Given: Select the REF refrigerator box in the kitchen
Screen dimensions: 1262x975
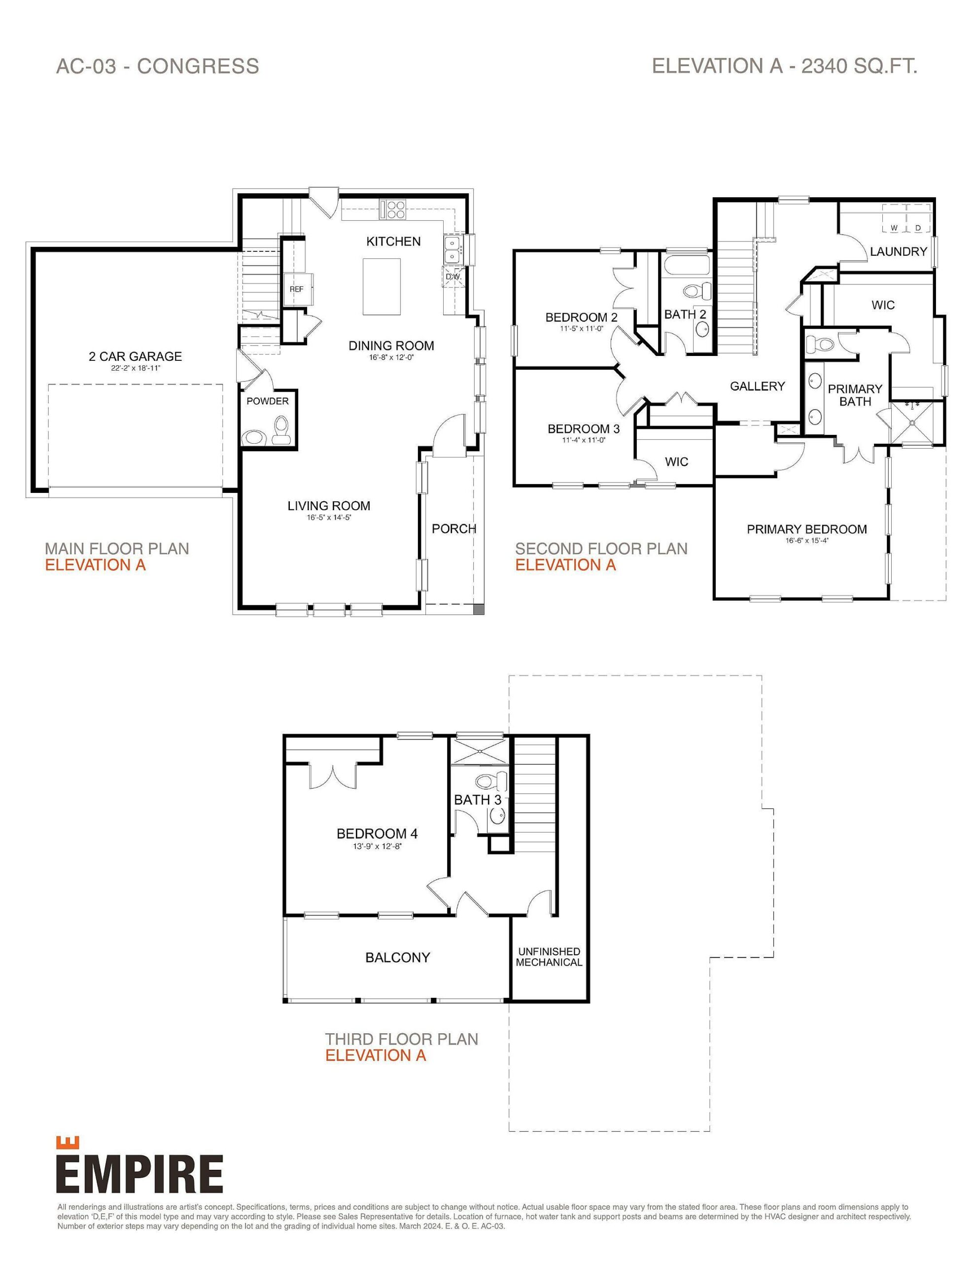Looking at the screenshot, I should coord(296,288).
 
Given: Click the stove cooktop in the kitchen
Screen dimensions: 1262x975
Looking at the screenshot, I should coord(393,209).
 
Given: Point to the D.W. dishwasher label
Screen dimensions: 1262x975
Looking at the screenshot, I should coord(453,277).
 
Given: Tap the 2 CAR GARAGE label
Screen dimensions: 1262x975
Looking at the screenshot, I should coord(135,356).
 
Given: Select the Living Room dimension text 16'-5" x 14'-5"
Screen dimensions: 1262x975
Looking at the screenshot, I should coord(329,518).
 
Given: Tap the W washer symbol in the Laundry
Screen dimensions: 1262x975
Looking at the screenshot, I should coord(894,228).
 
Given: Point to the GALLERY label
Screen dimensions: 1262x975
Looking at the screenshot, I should coord(757,386).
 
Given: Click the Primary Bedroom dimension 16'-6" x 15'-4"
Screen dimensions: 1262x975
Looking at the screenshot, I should coord(807,541).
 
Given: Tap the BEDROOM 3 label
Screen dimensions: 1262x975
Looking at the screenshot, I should coord(583,429).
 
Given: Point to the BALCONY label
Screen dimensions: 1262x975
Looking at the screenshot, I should coord(398,957).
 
